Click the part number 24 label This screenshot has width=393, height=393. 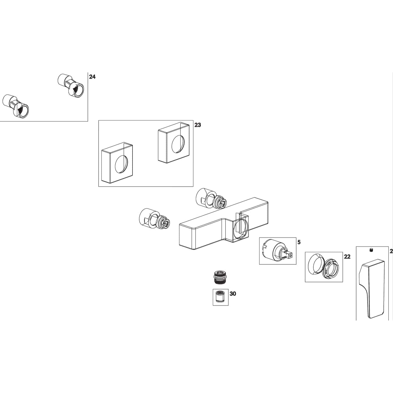coord(92,77)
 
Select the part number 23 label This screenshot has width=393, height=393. coord(197,125)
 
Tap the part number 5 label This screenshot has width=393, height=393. coord(299,242)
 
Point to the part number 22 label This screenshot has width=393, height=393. coord(347,257)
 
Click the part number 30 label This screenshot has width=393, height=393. coord(233,294)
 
